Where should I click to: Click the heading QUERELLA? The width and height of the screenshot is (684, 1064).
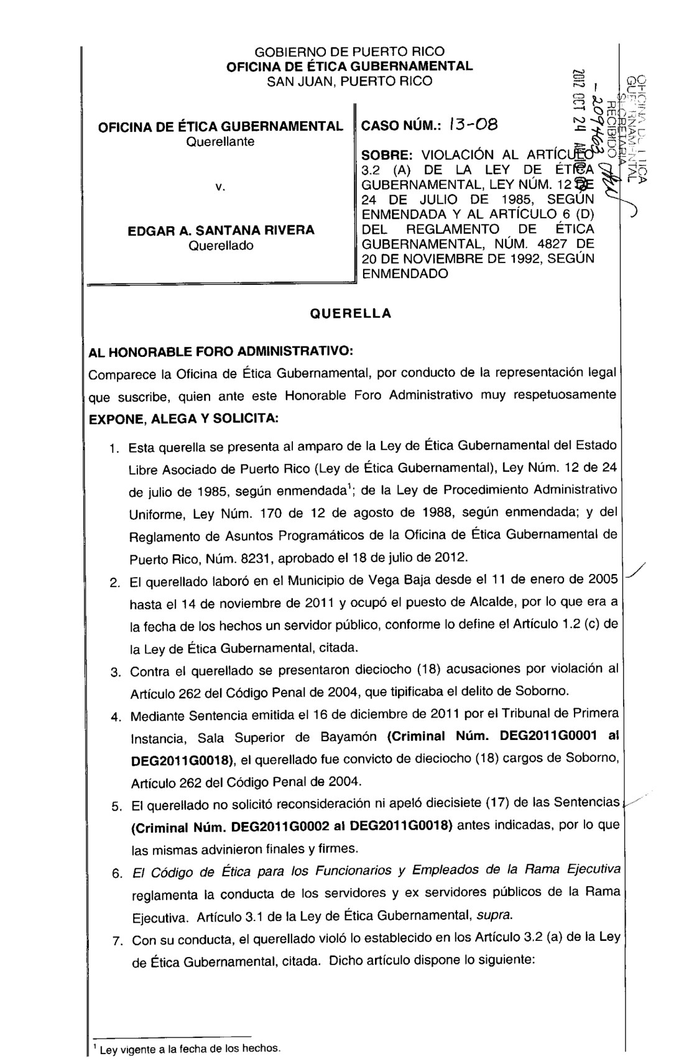(351, 313)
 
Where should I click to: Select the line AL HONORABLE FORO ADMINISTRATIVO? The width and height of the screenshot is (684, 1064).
(221, 352)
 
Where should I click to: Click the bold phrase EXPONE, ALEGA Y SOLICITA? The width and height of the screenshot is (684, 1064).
(184, 419)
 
